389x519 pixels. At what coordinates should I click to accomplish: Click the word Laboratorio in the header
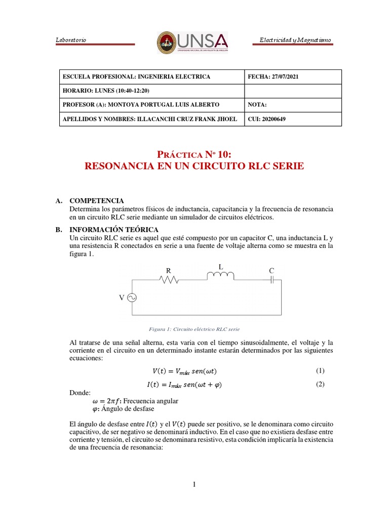(x=70, y=40)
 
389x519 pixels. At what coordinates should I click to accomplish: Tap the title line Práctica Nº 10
(x=195, y=155)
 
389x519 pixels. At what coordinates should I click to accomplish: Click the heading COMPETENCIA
(x=96, y=201)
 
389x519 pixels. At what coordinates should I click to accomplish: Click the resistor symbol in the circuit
(x=169, y=279)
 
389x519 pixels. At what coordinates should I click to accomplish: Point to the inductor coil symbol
(x=220, y=276)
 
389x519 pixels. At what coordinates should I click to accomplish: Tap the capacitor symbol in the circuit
(x=272, y=279)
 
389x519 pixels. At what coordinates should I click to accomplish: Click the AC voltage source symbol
(x=132, y=298)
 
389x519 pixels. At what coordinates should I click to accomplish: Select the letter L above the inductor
(x=220, y=267)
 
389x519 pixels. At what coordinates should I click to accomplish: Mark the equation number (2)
(x=320, y=384)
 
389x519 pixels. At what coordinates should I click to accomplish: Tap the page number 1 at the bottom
(x=194, y=485)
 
